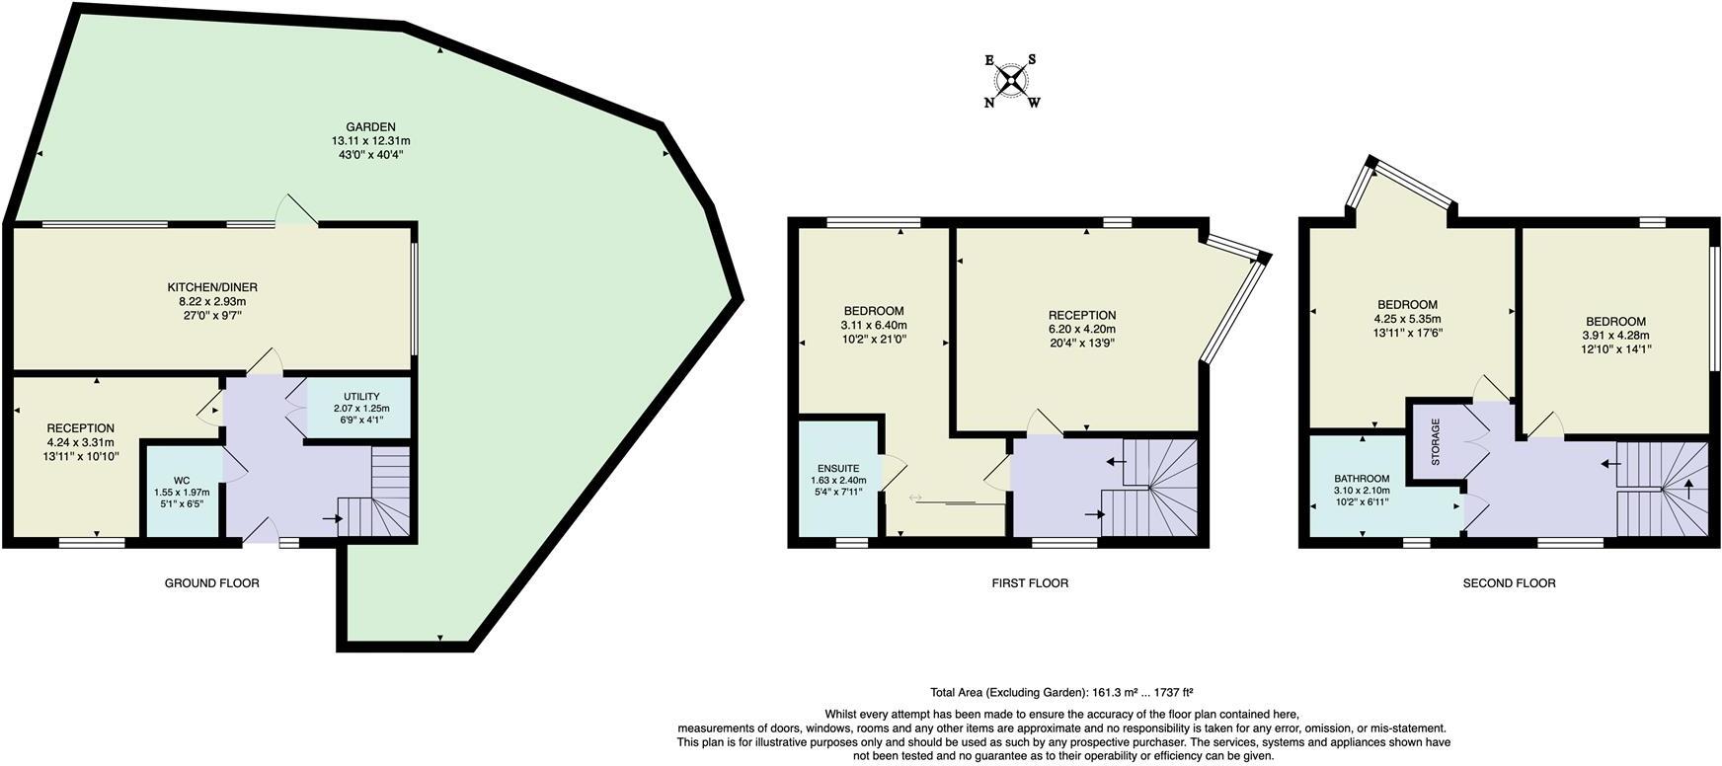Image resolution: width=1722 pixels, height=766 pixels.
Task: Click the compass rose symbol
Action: [1010, 80]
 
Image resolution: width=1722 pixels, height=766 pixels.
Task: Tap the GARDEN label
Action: [370, 127]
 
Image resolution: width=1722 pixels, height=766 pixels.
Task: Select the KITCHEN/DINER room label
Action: [211, 287]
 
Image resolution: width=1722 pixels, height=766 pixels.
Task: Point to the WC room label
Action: [181, 480]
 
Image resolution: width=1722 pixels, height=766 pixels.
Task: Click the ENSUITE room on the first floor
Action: [838, 468]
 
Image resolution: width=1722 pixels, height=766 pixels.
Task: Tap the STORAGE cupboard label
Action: [1435, 441]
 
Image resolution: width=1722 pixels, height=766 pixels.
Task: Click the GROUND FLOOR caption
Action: [211, 583]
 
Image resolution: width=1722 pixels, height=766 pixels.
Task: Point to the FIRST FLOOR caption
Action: [1030, 583]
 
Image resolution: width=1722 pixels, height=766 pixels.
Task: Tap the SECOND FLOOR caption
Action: [1509, 583]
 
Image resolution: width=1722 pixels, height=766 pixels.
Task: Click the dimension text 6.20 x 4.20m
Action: [1082, 330]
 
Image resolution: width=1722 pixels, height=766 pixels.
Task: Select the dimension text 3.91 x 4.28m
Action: [1615, 335]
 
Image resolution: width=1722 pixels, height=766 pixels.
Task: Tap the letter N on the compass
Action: [988, 103]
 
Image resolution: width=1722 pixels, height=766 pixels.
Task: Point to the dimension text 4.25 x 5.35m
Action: [1407, 319]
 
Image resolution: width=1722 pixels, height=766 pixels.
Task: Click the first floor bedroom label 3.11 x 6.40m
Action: [873, 325]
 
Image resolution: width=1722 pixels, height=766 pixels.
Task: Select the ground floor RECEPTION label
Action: [80, 428]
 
